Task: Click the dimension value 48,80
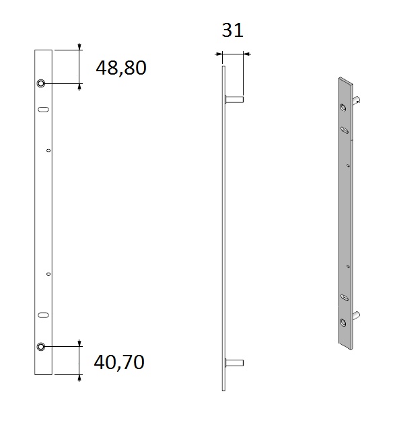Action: click(x=121, y=68)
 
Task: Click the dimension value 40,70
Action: click(x=119, y=362)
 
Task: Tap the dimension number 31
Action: click(x=232, y=30)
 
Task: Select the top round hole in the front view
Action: click(x=41, y=83)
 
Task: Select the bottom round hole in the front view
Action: click(x=41, y=346)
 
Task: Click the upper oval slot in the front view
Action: click(x=43, y=110)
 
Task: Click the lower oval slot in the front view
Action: click(x=43, y=315)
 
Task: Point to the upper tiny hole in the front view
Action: click(x=48, y=151)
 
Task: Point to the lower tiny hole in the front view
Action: click(x=48, y=274)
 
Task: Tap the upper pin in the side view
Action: click(x=234, y=99)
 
